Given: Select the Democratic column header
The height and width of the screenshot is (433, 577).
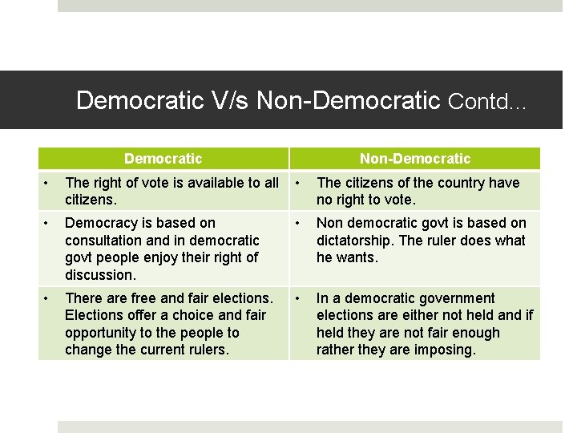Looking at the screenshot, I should tap(163, 159).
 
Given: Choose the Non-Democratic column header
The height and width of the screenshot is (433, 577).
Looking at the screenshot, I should tap(415, 159).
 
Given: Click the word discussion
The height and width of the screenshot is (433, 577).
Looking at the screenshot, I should tap(100, 275).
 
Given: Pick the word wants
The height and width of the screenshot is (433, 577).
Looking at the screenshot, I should tap(357, 257).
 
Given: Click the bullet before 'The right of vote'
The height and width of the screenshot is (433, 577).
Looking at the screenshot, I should tap(46, 183).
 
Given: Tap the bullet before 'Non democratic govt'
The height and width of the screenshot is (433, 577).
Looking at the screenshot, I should tap(298, 223).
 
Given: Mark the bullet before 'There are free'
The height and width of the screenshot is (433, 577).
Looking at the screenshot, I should tap(46, 298).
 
